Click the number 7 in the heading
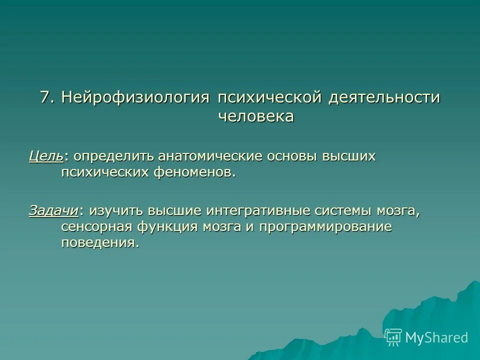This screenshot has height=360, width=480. pyautogui.click(x=45, y=97)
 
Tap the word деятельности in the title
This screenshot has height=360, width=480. pyautogui.click(x=384, y=97)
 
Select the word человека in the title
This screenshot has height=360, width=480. pyautogui.click(x=256, y=116)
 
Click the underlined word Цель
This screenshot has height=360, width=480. pyautogui.click(x=45, y=156)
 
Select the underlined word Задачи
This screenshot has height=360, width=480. pyautogui.click(x=53, y=210)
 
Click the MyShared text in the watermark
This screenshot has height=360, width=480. pyautogui.click(x=436, y=337)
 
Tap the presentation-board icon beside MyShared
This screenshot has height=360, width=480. pyautogui.click(x=393, y=337)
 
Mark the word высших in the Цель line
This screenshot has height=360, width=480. pyautogui.click(x=349, y=156)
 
